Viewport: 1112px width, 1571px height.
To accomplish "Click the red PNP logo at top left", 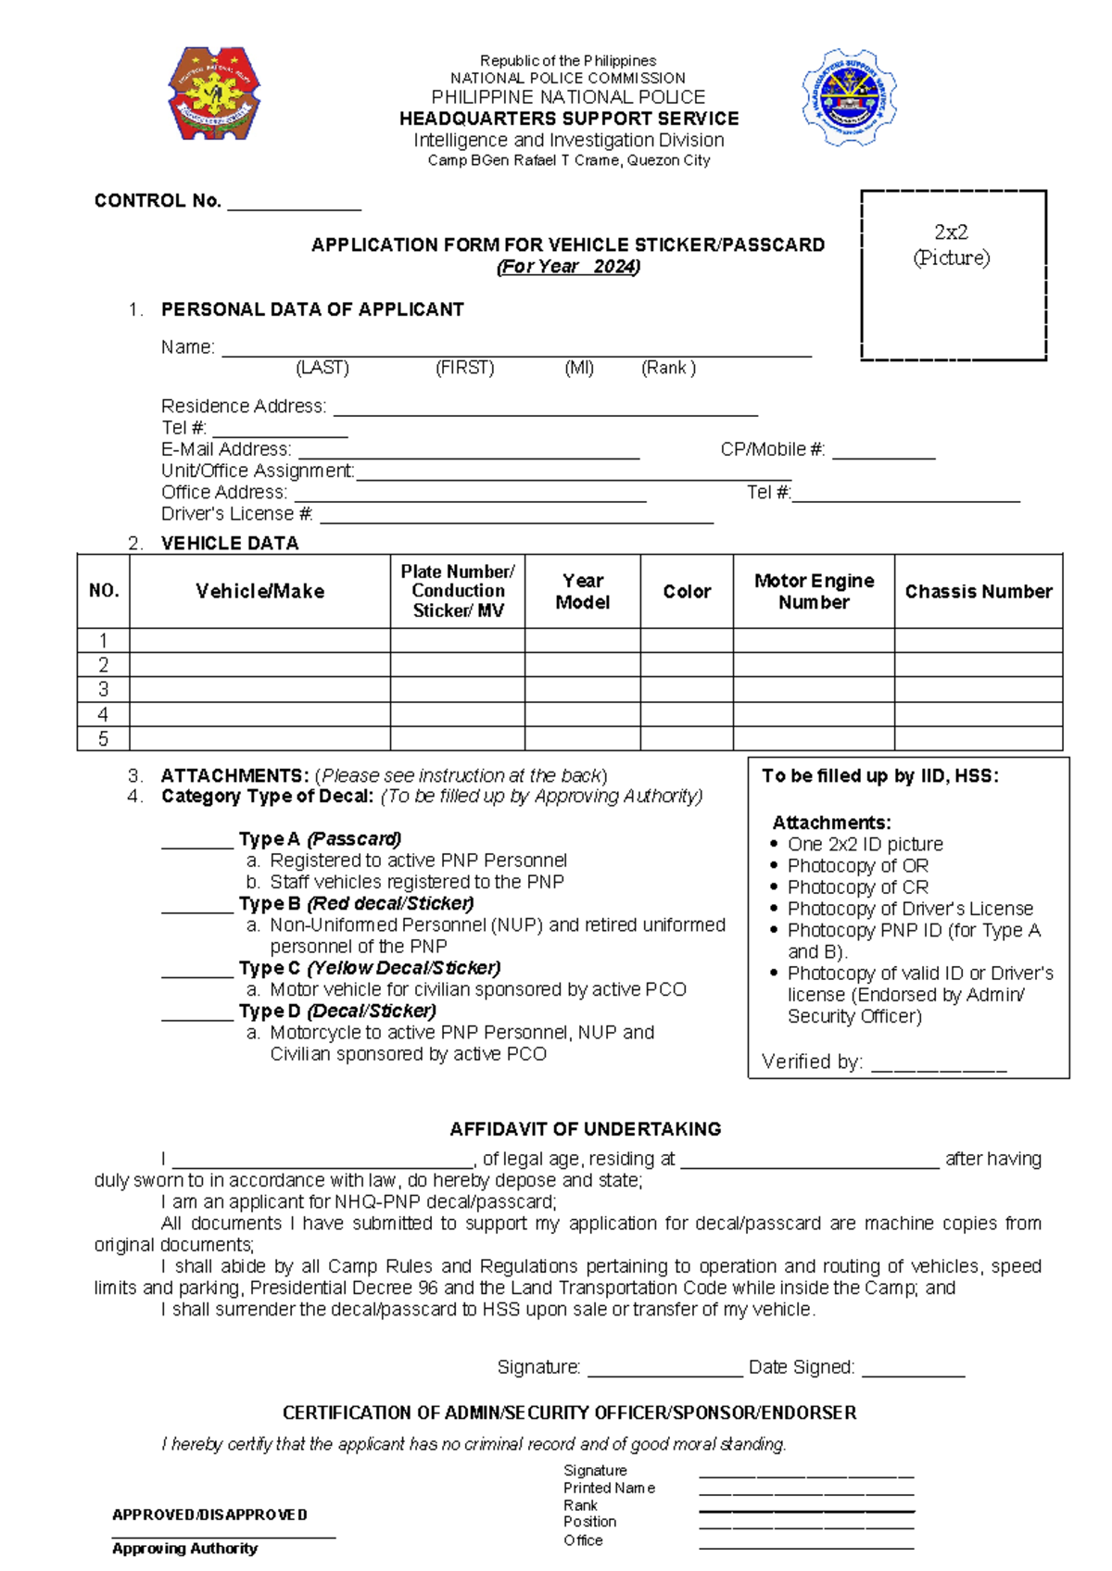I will click(214, 94).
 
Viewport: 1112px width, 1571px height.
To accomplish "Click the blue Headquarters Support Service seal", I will click(849, 97).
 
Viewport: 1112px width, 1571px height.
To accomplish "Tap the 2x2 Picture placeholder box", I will click(954, 275).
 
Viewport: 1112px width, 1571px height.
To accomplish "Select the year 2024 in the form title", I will click(614, 267).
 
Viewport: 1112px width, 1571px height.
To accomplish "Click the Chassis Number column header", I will click(979, 591).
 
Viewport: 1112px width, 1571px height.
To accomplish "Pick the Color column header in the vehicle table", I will click(687, 591).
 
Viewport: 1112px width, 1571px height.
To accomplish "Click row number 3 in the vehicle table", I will click(103, 689).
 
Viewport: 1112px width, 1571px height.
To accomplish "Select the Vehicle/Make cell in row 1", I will click(259, 640).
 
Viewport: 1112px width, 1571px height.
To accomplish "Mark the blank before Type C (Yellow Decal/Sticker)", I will click(197, 974).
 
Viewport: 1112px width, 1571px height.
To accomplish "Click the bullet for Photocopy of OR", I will click(775, 866).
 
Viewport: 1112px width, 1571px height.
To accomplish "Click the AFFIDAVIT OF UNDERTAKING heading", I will click(585, 1129).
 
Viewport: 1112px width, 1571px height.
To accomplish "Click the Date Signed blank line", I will click(913, 1373).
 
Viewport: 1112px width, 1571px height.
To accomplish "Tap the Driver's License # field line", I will click(515, 520).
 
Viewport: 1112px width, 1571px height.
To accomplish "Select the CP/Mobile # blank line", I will click(883, 455).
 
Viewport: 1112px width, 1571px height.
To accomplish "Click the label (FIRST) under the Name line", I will click(465, 368).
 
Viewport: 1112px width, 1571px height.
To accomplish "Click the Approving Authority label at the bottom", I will click(184, 1549).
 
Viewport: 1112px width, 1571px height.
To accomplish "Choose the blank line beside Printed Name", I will click(806, 1490).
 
